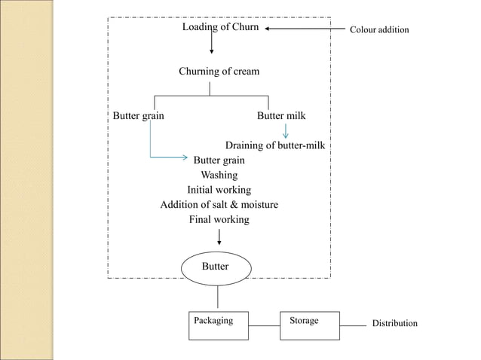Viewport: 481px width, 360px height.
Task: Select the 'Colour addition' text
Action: (x=378, y=30)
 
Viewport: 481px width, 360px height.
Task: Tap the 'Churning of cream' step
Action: (x=219, y=72)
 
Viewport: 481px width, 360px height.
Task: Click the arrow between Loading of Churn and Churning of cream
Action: (x=211, y=44)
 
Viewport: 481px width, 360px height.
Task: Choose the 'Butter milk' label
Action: (x=281, y=116)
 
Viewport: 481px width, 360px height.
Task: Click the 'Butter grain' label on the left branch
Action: (x=138, y=116)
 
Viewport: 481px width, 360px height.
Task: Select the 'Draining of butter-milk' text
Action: (x=275, y=145)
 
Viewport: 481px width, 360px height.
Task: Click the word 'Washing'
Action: (x=219, y=175)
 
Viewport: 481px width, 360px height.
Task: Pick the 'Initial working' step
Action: (x=219, y=190)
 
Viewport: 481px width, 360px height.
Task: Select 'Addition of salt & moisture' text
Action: (x=219, y=205)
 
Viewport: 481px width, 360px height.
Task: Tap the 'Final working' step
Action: (x=219, y=220)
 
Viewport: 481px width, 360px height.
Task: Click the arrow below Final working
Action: (x=219, y=237)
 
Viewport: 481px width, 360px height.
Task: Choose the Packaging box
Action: (x=219, y=325)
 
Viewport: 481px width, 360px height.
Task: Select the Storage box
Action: (x=310, y=325)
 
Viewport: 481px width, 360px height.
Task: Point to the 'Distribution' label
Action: (x=394, y=323)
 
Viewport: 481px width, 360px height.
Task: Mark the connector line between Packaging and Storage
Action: (x=265, y=325)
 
